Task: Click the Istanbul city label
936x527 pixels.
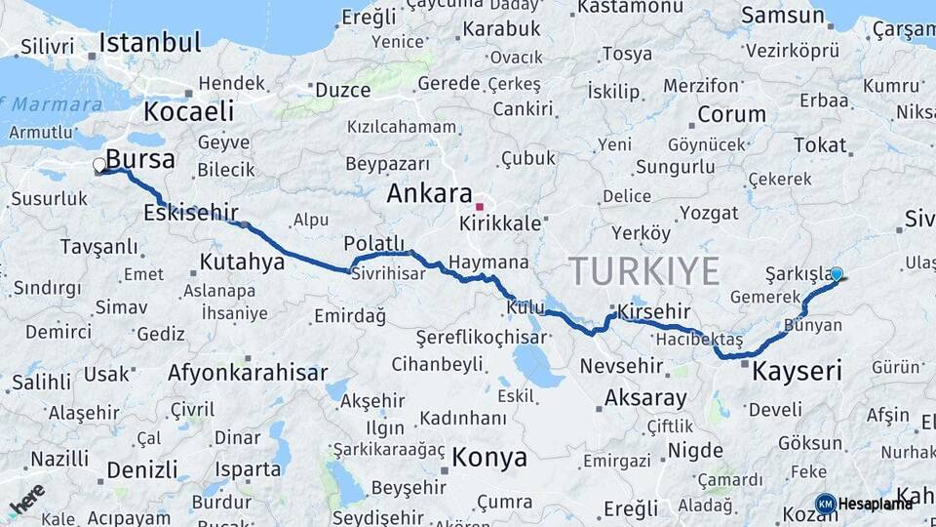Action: [150, 43]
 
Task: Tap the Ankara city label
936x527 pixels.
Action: [429, 193]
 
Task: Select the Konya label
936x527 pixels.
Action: [489, 458]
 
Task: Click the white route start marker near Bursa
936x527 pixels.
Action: [99, 166]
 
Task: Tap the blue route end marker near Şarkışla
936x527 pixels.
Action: [836, 276]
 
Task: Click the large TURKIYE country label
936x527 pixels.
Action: [644, 270]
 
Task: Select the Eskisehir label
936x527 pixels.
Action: [191, 212]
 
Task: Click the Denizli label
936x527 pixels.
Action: [142, 469]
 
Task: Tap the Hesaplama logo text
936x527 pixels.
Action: [876, 504]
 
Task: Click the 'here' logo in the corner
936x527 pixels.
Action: [26, 499]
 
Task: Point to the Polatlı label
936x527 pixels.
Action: [373, 243]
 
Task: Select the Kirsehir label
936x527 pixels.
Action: [654, 311]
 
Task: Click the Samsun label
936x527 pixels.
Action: [783, 16]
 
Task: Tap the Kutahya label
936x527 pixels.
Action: [242, 262]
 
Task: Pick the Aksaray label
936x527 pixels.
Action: [645, 398]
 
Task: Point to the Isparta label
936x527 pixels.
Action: [248, 469]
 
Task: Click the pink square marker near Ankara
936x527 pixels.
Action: [479, 207]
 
